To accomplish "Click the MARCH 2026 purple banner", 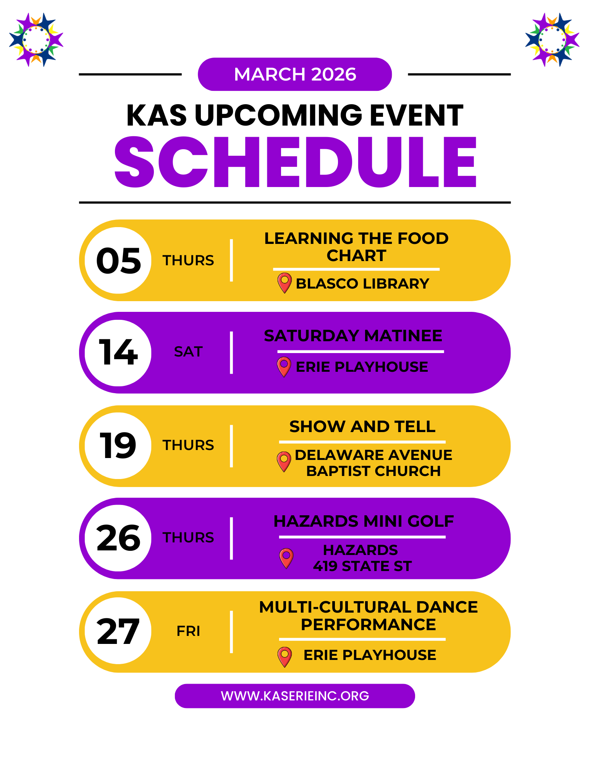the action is click(x=295, y=74).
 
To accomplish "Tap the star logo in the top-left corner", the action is click(x=36, y=40).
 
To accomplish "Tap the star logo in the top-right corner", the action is click(x=552, y=40).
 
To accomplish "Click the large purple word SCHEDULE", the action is click(x=295, y=162).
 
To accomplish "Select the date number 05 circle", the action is click(x=118, y=260).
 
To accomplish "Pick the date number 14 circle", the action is click(x=118, y=353).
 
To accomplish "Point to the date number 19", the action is click(x=118, y=445).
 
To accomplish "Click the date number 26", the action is click(x=118, y=538).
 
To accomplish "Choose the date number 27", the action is click(x=118, y=632).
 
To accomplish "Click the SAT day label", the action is click(x=188, y=352).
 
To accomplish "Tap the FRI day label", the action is click(x=188, y=631).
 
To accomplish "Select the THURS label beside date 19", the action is click(x=188, y=445).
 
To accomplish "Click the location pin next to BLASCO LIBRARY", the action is click(x=284, y=283).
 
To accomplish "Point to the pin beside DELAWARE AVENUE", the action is click(x=284, y=461).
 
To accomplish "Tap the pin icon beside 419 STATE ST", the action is click(x=286, y=558).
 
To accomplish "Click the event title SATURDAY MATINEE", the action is click(x=353, y=336).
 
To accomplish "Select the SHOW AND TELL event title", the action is click(x=362, y=426).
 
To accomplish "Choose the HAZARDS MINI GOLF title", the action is click(x=364, y=521).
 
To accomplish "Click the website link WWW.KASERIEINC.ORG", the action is click(x=295, y=696).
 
